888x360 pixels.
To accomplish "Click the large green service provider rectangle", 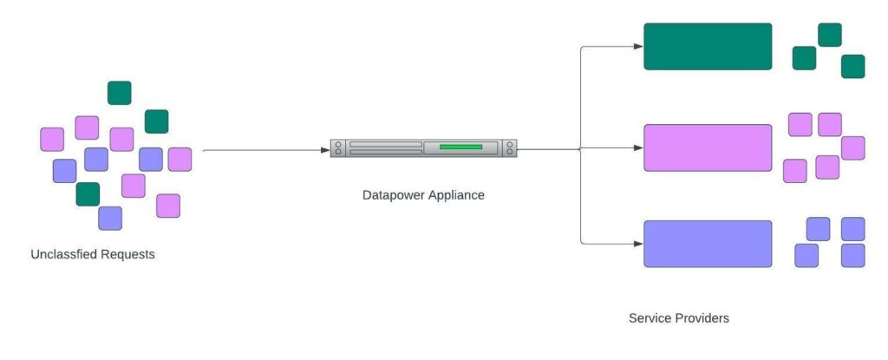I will coord(708,46).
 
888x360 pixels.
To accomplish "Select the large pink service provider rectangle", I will coord(708,147).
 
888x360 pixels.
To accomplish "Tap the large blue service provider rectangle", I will coord(708,244).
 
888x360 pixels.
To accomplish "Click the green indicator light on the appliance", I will coord(460,147).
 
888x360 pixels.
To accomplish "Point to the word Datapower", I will coord(394,195).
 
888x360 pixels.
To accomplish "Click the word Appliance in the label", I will coord(456,195).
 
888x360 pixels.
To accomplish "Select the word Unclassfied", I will coord(66,255).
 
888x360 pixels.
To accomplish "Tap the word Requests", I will coord(129,255).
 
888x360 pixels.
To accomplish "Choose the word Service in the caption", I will coord(650,318).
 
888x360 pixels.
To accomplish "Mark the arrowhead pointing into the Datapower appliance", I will coord(324,150).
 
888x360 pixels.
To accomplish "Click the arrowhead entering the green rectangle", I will coord(638,47).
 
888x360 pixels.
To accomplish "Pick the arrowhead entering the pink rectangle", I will coord(638,147).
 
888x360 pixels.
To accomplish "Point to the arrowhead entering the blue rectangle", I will coord(638,244).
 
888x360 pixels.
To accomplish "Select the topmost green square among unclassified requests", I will coord(120,93).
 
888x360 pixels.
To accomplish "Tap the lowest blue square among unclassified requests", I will coord(110,218).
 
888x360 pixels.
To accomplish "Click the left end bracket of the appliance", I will coord(336,147).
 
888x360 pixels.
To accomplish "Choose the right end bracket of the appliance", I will coord(511,147).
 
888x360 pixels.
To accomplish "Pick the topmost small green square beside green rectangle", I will coord(830,35).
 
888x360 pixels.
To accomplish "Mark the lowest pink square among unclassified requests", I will coord(168,206).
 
